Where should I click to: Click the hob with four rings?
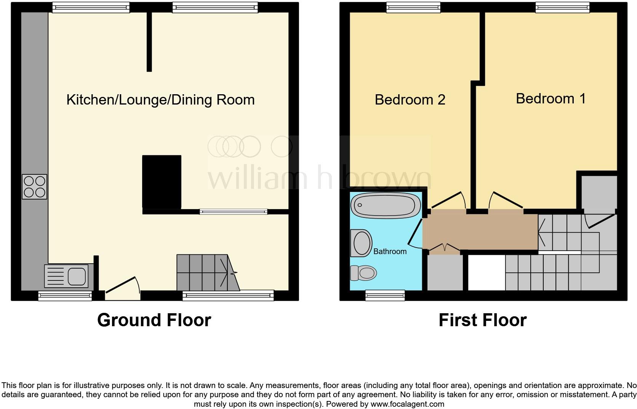pos(35,187)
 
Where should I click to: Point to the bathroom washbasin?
pos(361,243)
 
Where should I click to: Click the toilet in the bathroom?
pos(363,272)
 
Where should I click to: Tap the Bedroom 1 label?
pos(551,98)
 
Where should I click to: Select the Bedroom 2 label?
pos(410,100)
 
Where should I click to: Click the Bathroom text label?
pos(390,251)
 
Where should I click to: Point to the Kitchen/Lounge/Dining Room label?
pos(160,100)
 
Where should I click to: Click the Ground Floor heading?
pos(154,320)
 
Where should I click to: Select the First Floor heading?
pos(482,320)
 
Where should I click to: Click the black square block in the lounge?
pos(162,181)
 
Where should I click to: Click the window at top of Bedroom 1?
pos(562,7)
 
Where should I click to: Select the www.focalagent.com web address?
pos(407,404)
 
